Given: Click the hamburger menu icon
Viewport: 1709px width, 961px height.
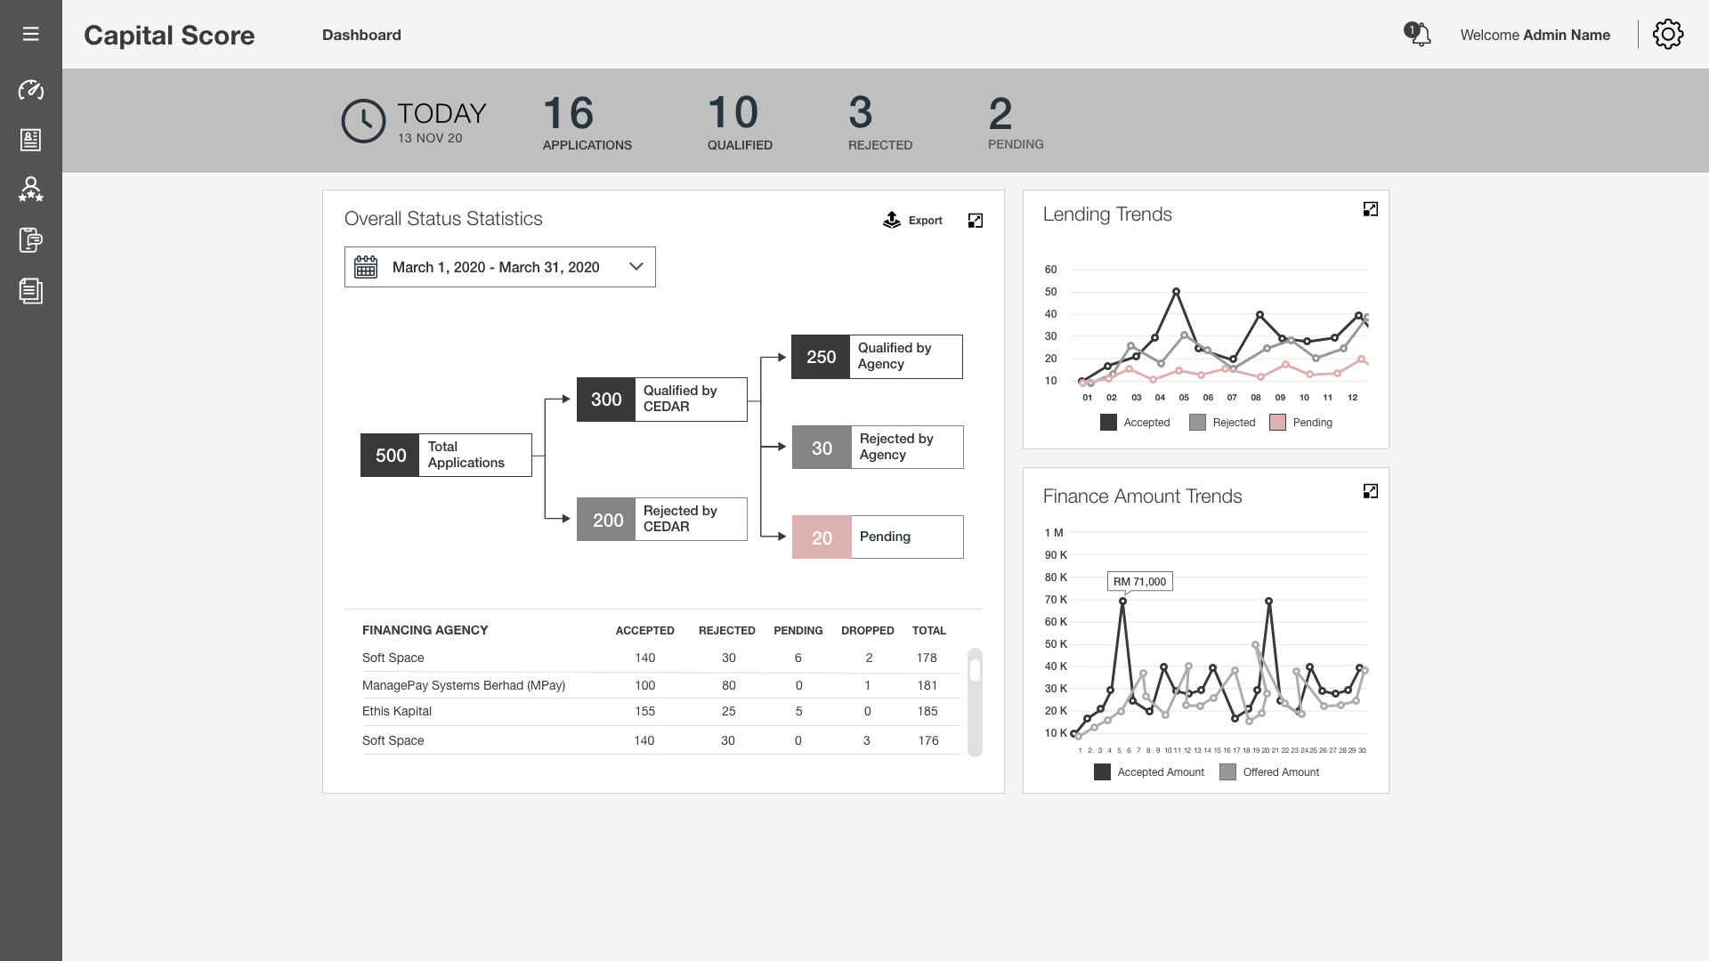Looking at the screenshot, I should point(30,34).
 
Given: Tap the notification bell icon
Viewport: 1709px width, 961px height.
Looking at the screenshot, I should point(1419,35).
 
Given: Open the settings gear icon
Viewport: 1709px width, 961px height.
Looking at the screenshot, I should point(1667,35).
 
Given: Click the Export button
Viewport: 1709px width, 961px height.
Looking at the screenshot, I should point(912,221).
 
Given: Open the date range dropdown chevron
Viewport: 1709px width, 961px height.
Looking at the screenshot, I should point(636,267).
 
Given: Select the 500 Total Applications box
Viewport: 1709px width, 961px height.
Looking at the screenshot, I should point(446,456).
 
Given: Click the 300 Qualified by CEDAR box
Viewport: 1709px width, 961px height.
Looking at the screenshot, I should point(661,400).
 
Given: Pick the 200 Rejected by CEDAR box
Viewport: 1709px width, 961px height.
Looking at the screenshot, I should point(661,520).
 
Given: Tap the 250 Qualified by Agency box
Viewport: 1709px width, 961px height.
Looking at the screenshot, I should point(877,357).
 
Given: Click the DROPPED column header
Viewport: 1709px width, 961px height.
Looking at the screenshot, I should point(867,631).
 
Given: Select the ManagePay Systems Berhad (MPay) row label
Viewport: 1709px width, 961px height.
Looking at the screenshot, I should point(463,685).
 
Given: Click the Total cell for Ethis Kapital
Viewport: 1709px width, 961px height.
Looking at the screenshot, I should point(927,712).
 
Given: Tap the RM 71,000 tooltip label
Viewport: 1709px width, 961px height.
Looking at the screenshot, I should point(1139,582).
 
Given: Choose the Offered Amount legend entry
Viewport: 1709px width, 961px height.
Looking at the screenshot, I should point(1270,772).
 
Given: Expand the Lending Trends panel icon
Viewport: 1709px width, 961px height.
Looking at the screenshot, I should point(1370,209).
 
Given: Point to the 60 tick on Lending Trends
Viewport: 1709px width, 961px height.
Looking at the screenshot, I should point(1050,270).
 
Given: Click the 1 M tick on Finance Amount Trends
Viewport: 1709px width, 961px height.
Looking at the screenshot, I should point(1053,533).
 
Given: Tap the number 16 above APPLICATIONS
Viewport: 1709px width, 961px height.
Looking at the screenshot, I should point(568,114).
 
